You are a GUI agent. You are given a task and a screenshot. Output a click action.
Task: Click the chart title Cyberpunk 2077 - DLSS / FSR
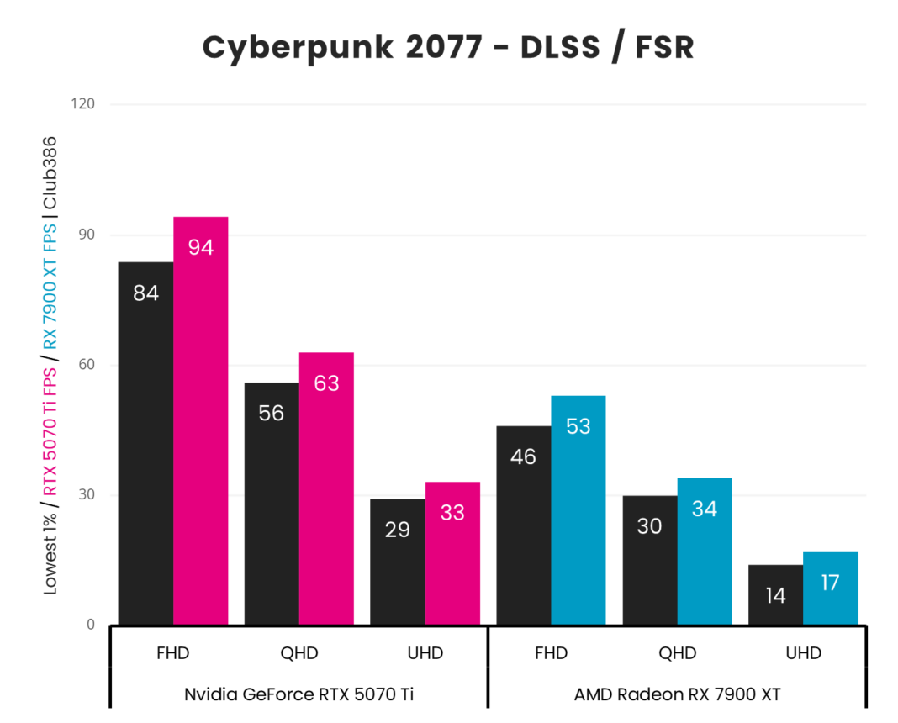[x=448, y=48]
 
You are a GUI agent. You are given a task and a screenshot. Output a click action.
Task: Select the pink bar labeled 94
[x=200, y=420]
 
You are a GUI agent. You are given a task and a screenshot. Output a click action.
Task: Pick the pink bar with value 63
[x=326, y=488]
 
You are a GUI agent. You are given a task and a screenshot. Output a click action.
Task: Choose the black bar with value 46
[x=524, y=525]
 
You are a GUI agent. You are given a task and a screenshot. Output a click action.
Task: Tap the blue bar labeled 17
[x=831, y=588]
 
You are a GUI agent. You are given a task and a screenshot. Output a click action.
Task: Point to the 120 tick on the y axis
[x=84, y=104]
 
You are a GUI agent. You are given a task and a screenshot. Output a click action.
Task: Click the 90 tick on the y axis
[x=87, y=235]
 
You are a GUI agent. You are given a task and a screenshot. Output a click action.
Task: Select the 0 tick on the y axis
[x=91, y=625]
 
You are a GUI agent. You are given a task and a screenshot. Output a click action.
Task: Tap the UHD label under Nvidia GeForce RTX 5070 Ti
[x=425, y=653]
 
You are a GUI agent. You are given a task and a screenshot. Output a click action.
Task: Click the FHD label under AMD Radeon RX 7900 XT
[x=551, y=653]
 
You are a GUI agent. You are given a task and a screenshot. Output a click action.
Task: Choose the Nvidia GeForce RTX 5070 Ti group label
[x=298, y=694]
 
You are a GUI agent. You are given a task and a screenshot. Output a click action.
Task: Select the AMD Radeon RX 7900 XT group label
[x=677, y=694]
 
